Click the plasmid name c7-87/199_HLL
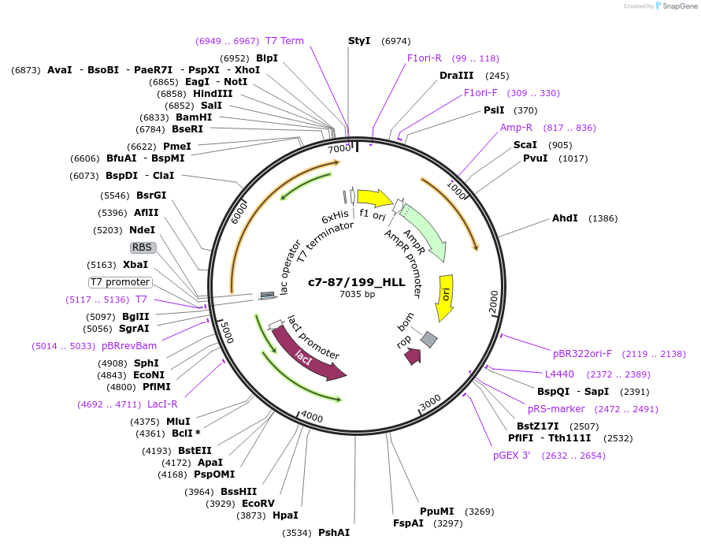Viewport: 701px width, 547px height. [356, 282]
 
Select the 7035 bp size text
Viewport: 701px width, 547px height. [357, 295]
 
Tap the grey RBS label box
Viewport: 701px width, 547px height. [143, 247]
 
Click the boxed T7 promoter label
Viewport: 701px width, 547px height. [120, 282]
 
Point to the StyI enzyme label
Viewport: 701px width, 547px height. [359, 40]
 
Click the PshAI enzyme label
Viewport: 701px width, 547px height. [334, 533]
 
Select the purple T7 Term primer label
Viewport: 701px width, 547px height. [284, 41]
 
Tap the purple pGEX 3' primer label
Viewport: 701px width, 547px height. [512, 455]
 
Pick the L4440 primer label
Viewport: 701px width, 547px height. [559, 374]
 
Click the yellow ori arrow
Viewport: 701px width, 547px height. [446, 297]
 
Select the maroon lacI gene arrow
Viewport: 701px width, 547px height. [307, 355]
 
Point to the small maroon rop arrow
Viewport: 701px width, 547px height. [412, 356]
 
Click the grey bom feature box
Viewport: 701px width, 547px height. [428, 339]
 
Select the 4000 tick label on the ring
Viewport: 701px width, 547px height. [312, 416]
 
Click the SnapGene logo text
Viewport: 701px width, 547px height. [678, 6]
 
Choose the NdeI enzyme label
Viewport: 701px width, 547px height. [142, 230]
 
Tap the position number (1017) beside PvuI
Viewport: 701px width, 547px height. [573, 158]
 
